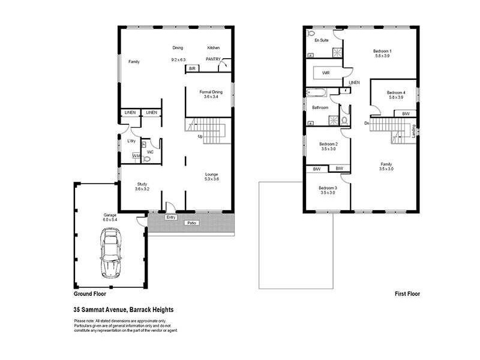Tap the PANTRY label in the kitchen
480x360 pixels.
tap(214, 59)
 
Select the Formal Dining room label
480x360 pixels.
tap(211, 92)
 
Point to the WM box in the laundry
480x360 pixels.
tap(137, 156)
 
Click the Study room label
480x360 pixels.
tap(142, 184)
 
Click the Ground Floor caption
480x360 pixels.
tap(89, 294)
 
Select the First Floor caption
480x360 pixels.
tap(407, 294)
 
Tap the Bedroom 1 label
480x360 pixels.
tap(383, 51)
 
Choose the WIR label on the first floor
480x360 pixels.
tap(326, 73)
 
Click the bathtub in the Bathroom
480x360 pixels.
tap(316, 93)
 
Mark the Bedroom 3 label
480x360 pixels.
tap(328, 187)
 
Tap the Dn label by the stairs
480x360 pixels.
tap(366, 123)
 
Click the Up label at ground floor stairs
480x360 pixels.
tap(200, 137)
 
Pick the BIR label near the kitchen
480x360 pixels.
tap(192, 69)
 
